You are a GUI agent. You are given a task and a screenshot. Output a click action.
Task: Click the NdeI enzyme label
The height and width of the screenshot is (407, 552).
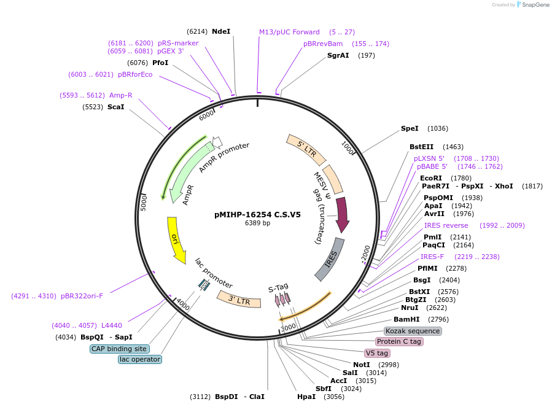(220, 31)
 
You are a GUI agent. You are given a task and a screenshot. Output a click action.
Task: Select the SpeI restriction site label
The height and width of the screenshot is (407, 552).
(410, 128)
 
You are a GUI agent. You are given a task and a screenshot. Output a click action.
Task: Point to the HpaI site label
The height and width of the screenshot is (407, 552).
(306, 397)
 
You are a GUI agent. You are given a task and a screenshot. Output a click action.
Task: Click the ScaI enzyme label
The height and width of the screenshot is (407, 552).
(115, 107)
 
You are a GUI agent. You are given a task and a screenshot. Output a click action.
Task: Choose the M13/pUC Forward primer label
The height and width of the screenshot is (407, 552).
(289, 32)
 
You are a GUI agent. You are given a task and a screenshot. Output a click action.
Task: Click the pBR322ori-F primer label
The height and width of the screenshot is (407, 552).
(82, 296)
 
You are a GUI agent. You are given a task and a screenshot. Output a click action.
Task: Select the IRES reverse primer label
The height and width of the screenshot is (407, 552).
(446, 225)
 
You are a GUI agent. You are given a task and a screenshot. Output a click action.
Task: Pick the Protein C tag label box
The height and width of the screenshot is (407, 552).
(399, 341)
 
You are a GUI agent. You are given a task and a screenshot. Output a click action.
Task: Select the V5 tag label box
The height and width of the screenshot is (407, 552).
(377, 353)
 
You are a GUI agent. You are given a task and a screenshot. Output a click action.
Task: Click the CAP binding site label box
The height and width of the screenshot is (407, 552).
(119, 349)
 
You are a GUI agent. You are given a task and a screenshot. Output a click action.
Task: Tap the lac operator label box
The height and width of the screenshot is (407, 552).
(140, 359)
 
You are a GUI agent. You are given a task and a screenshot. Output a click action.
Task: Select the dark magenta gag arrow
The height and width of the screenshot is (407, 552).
(342, 215)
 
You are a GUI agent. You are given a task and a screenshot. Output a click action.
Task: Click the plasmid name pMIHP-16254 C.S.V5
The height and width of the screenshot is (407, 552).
(257, 215)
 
